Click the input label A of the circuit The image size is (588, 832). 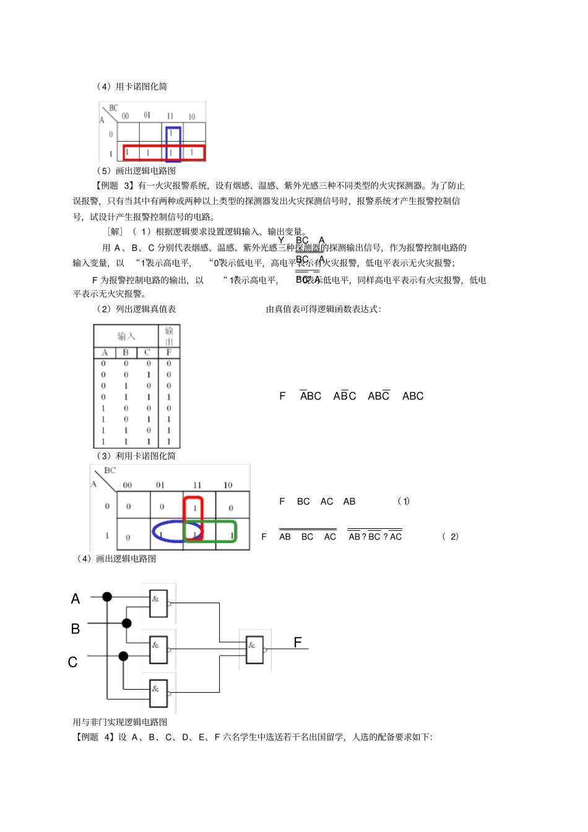click(76, 599)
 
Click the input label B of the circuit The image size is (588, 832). click(76, 629)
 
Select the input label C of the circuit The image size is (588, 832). click(73, 663)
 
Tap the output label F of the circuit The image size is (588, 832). click(298, 643)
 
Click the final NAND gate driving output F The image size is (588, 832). click(254, 649)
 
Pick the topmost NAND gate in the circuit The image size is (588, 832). click(158, 603)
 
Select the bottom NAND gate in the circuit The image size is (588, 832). click(158, 693)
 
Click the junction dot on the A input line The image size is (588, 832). click(107, 597)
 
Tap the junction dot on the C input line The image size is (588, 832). click(123, 656)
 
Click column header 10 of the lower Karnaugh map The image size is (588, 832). click(228, 485)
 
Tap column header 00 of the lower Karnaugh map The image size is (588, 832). click(128, 485)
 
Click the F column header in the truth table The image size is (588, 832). click(169, 353)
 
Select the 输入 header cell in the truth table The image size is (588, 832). click(126, 336)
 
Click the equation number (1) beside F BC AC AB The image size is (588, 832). click(404, 501)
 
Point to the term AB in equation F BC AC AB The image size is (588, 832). click(349, 502)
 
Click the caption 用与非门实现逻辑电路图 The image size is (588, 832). click(120, 722)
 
